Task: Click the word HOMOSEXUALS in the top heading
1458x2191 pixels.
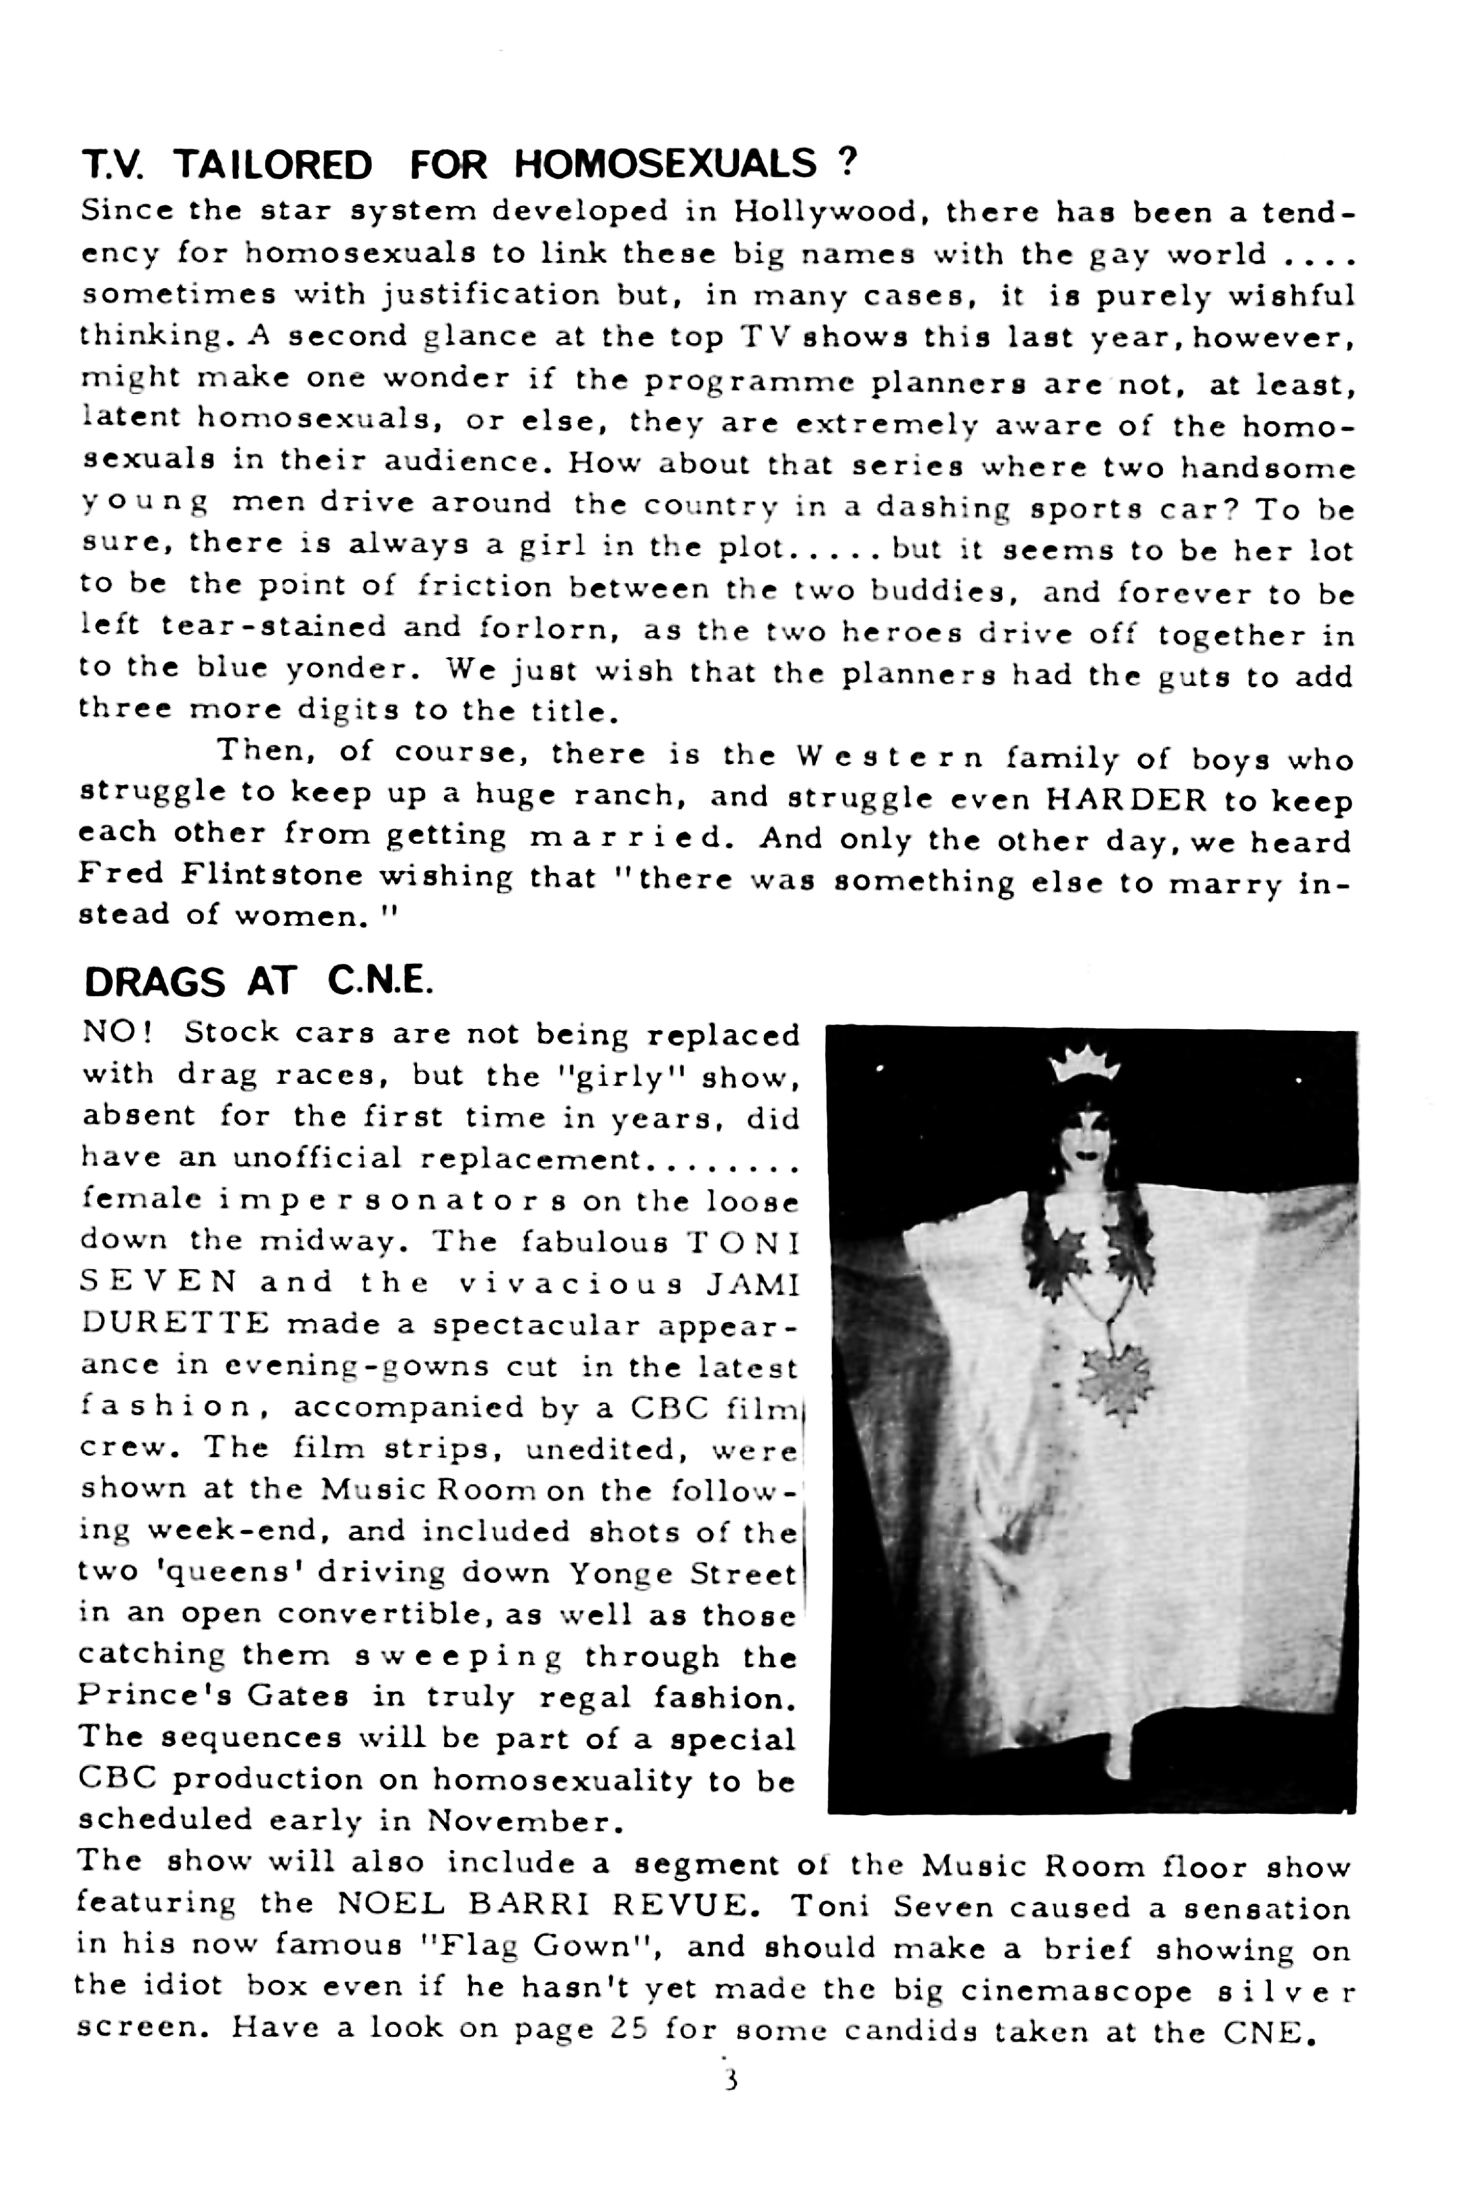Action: coord(665,165)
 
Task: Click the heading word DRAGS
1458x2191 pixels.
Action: coord(154,981)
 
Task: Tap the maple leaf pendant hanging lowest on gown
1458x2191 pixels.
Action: coord(1115,1378)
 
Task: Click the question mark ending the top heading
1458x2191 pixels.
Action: coord(846,163)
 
